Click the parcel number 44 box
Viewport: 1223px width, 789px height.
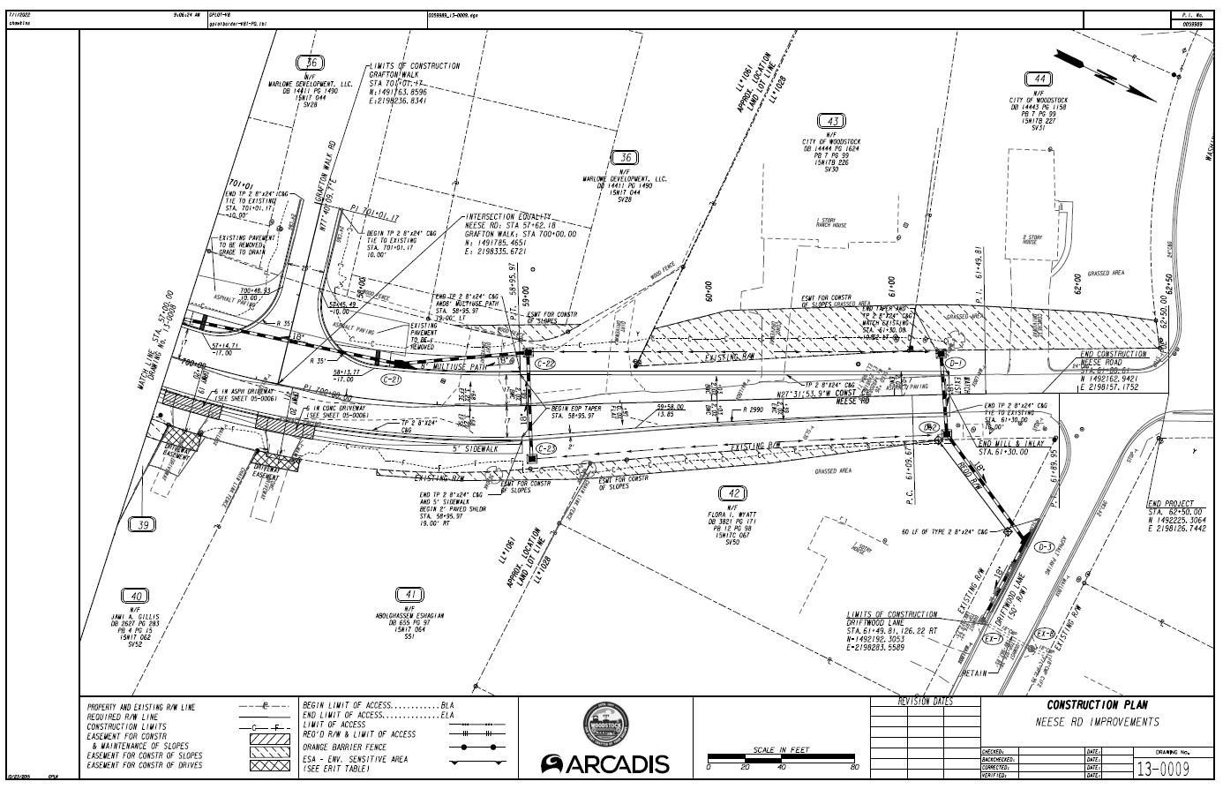coord(1039,79)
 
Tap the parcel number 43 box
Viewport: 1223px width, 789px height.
coord(831,121)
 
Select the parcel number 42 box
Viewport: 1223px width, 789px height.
coord(732,492)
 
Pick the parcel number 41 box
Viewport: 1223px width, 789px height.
coord(409,594)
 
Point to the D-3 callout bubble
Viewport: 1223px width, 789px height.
coord(1046,546)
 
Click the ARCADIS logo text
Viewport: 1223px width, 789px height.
coord(605,764)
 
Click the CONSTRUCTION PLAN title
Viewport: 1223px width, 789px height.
coord(1097,705)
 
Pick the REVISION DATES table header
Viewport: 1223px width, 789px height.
coord(924,702)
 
